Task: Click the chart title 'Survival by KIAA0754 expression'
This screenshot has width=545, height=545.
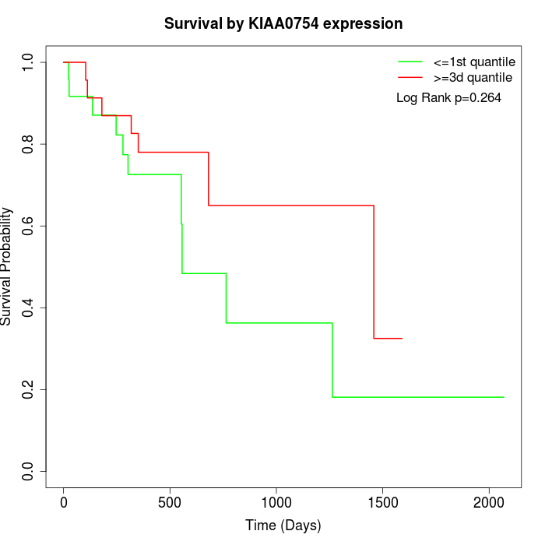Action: [283, 24]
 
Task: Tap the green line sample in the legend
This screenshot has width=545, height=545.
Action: [410, 62]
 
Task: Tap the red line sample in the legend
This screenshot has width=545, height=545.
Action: [410, 78]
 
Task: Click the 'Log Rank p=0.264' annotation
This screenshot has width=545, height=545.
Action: [449, 98]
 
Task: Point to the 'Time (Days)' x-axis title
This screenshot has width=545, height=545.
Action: [283, 526]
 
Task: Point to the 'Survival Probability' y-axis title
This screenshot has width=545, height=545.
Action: [7, 266]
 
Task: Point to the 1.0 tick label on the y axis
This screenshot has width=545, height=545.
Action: [29, 62]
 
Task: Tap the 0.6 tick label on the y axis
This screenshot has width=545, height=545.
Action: [29, 226]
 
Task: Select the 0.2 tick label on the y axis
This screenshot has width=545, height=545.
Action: [29, 389]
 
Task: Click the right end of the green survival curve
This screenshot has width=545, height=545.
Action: [504, 397]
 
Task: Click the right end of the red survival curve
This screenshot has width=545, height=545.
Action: [402, 338]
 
